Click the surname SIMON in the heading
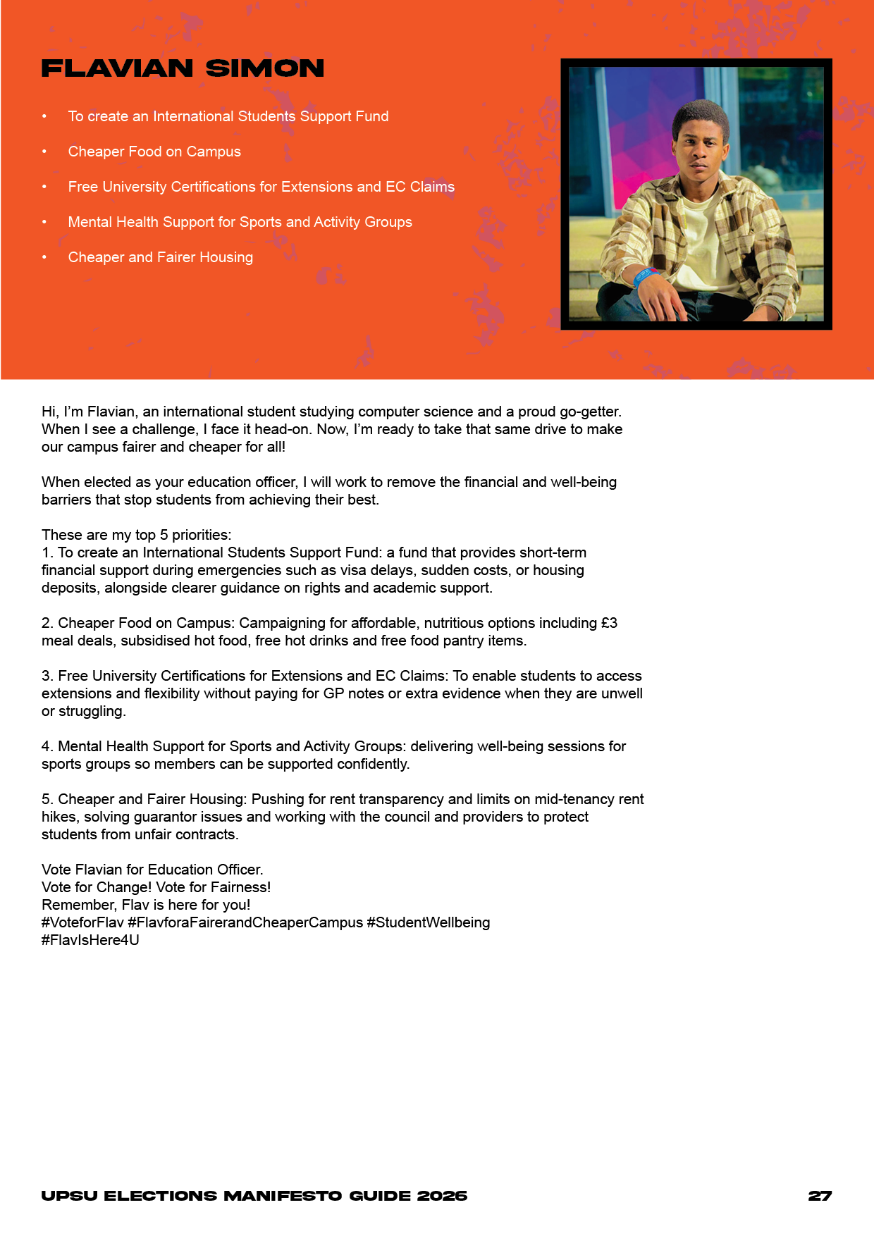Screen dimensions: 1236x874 [265, 68]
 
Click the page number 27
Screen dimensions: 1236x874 [820, 1196]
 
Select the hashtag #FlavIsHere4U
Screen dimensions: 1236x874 [90, 940]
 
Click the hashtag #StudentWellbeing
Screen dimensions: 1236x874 [428, 922]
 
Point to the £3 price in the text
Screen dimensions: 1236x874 [609, 623]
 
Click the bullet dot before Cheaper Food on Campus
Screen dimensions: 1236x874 [44, 152]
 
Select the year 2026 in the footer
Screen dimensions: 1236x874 [442, 1196]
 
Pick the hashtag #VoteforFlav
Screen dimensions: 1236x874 [82, 922]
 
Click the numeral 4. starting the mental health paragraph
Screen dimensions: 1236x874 [47, 746]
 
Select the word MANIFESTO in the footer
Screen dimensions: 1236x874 [283, 1196]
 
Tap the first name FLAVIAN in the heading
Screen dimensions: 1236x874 [117, 68]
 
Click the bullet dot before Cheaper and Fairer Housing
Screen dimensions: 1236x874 [44, 257]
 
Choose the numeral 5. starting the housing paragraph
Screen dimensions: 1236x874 [47, 799]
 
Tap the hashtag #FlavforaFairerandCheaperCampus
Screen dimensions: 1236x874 [245, 922]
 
